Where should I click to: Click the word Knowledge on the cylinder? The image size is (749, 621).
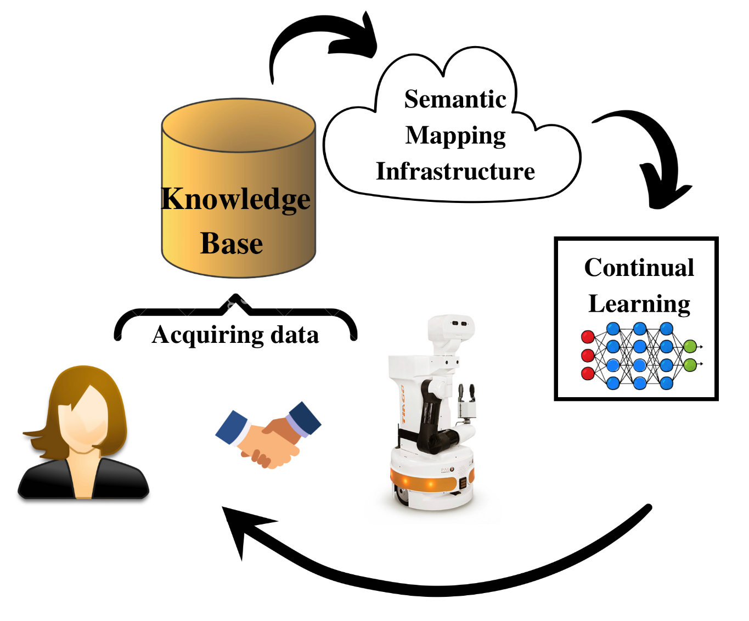[x=235, y=199]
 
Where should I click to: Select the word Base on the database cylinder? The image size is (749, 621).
[x=232, y=244]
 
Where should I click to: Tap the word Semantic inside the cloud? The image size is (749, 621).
[x=455, y=99]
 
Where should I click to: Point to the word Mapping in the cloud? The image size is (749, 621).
[x=455, y=136]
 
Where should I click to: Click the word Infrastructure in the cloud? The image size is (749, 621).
[x=455, y=171]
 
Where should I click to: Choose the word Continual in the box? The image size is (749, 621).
[x=639, y=268]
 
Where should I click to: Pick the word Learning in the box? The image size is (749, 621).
[x=639, y=304]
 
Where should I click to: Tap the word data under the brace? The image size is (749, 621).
[x=295, y=335]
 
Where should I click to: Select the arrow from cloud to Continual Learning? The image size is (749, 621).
[x=658, y=154]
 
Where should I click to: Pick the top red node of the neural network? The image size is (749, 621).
[x=588, y=337]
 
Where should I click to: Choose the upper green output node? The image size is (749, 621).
[x=690, y=346]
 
